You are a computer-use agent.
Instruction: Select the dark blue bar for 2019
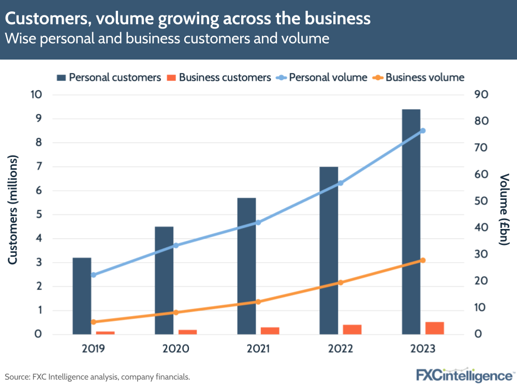point(82,296)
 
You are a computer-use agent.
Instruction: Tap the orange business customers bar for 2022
point(352,329)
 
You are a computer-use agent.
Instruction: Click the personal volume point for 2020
point(175,245)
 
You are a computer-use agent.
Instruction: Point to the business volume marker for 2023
point(422,260)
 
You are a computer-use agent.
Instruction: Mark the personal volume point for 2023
point(422,131)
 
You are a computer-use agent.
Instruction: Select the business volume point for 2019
point(94,322)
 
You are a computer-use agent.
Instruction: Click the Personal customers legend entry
point(109,78)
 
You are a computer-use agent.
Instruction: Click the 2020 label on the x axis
point(175,349)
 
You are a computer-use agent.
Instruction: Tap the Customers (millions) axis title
point(13,210)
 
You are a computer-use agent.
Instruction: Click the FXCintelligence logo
point(464,375)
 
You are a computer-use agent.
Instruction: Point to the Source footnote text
point(97,377)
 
